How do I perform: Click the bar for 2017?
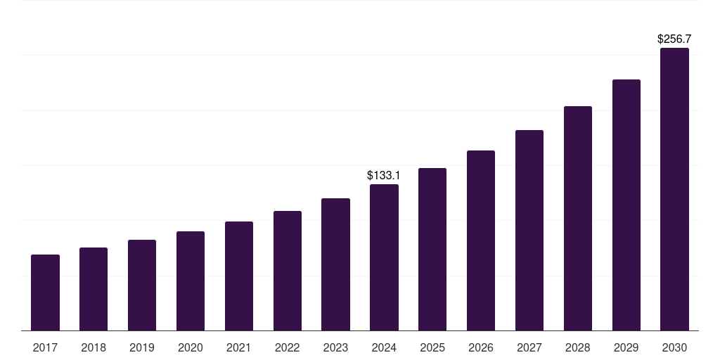[45, 292]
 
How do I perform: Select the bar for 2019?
[142, 285]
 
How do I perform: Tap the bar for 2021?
[239, 276]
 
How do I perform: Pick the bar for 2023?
[335, 264]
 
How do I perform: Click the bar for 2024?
[384, 257]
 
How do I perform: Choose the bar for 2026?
[481, 240]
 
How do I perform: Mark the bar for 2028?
[578, 218]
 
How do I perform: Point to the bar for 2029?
[626, 205]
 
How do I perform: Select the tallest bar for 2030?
[674, 189]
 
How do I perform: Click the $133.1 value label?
[384, 175]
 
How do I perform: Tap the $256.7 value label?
[674, 39]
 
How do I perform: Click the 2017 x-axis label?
[45, 347]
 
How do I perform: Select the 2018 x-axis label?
[94, 347]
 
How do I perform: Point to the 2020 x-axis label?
[191, 347]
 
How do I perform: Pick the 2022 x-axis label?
[287, 347]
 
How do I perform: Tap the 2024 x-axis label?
[384, 347]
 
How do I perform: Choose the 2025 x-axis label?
[432, 347]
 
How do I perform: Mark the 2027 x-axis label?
[529, 347]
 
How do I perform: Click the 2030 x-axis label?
[674, 347]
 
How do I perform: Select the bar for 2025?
[432, 249]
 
